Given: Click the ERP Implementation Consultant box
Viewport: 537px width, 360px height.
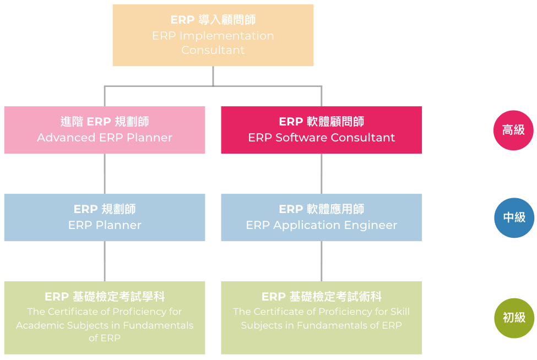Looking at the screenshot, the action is [x=213, y=35].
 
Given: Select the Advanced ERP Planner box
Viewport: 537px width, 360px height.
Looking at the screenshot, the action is [x=105, y=130].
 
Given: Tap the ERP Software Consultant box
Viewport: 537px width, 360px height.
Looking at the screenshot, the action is [x=322, y=130].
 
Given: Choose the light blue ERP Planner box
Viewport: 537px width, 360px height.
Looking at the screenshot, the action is [x=105, y=217].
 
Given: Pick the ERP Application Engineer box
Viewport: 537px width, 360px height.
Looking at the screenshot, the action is [x=322, y=217].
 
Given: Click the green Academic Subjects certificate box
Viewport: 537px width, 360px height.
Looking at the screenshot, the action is [x=105, y=318].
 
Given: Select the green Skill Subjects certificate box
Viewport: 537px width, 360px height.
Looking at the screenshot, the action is [x=322, y=318].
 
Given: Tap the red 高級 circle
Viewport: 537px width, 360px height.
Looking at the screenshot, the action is [x=513, y=130].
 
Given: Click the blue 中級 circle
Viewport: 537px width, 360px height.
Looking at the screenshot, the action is [x=514, y=217].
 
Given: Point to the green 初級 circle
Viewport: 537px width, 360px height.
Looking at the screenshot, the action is [x=514, y=318].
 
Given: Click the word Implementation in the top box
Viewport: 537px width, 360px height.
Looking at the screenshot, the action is [x=227, y=36].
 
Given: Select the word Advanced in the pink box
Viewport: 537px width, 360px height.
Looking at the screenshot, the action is [x=66, y=138].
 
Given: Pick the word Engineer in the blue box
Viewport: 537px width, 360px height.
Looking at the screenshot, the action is [x=371, y=225].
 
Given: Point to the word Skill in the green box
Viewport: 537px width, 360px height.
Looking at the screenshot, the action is [x=400, y=312].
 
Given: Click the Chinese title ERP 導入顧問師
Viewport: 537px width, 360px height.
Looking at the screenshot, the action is [x=213, y=20].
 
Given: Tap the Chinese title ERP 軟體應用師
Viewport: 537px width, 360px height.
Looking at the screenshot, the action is [x=322, y=209].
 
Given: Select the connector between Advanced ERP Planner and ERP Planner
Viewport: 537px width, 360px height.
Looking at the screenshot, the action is [x=105, y=174].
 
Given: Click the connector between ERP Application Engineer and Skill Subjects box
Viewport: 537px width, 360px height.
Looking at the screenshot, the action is [x=322, y=261].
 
